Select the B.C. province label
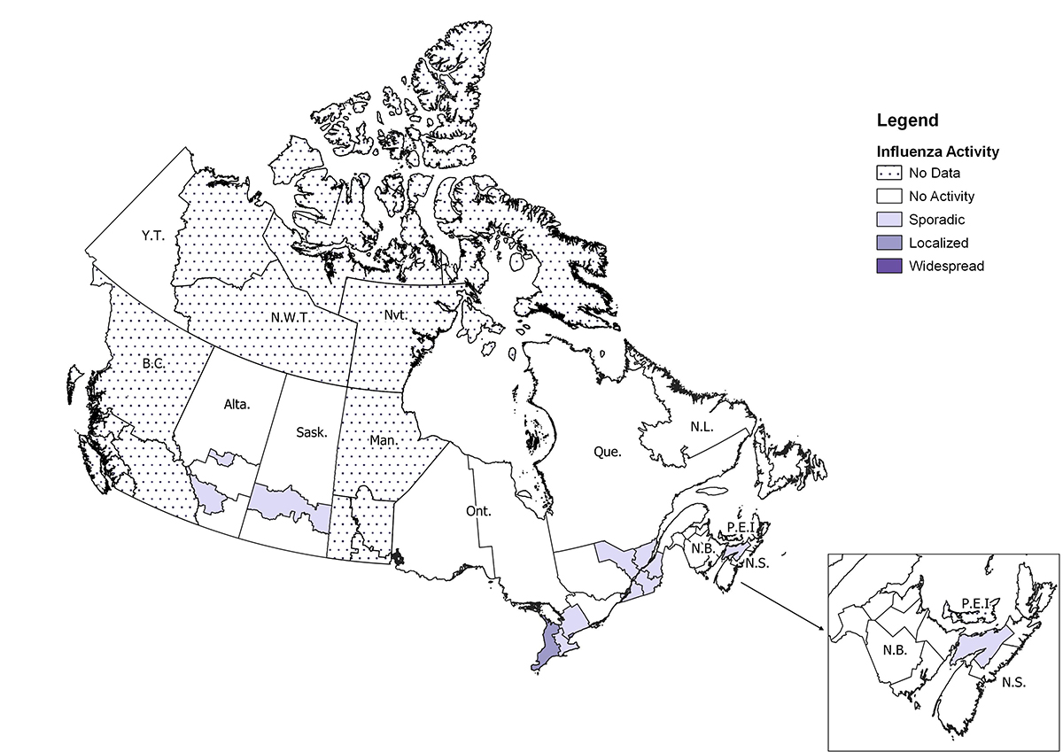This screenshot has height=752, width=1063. point(155,363)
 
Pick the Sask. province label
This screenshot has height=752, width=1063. point(311,433)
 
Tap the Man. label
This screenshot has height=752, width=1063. point(383,439)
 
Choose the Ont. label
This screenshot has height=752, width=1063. point(478,511)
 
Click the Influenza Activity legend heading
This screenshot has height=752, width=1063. point(937,151)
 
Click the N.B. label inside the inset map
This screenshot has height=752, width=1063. point(895,649)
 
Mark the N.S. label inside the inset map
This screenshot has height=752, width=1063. point(1013,683)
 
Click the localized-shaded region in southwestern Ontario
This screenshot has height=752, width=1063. point(549,645)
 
